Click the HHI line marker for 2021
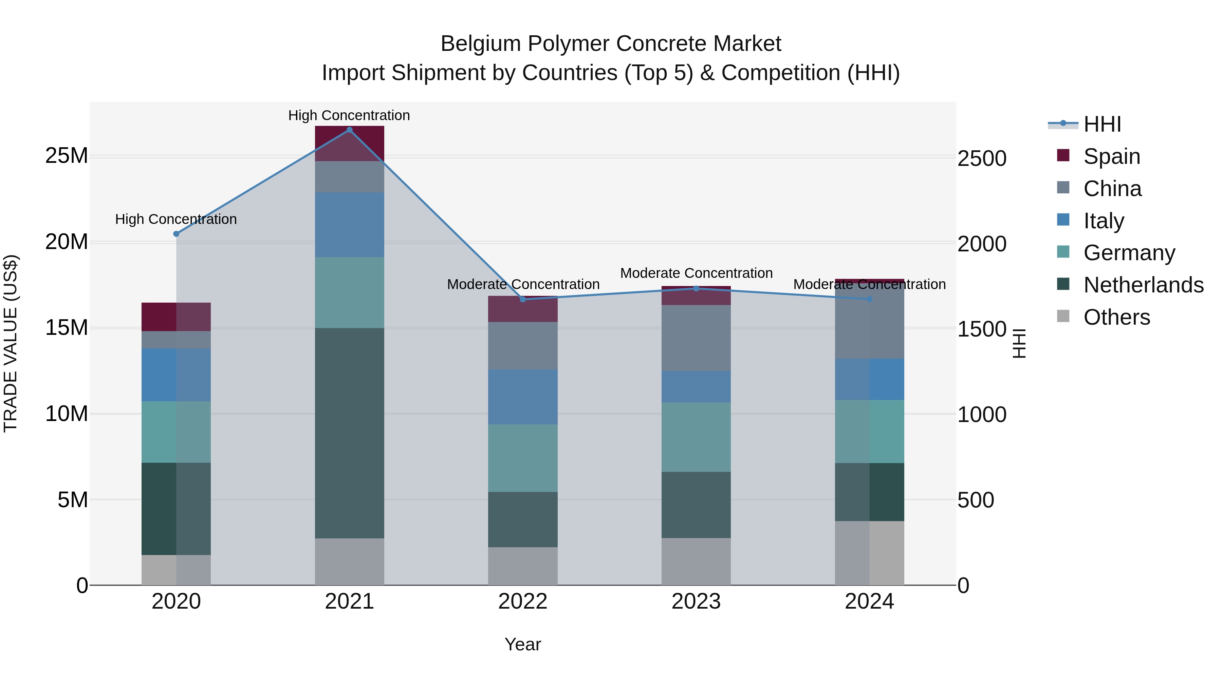tap(350, 130)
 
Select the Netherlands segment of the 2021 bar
tap(350, 433)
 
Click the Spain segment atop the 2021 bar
tap(350, 144)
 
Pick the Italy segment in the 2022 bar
tap(523, 397)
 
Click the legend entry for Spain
tap(1111, 156)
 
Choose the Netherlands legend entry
tap(1143, 285)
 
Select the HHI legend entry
tap(1102, 124)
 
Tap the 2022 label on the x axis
tap(523, 602)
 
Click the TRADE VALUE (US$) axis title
tap(11, 343)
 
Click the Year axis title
tap(523, 644)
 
